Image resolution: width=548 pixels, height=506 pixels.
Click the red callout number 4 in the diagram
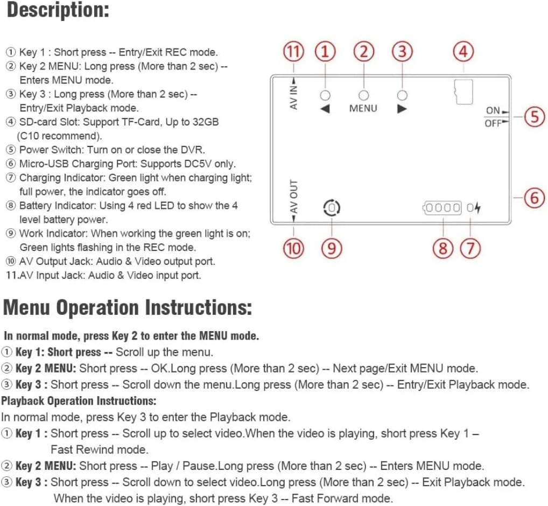[x=463, y=52]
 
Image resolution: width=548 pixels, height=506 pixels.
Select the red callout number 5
[x=534, y=117]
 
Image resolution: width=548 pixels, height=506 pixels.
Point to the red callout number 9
[x=332, y=248]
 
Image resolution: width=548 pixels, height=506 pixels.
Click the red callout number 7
[x=470, y=248]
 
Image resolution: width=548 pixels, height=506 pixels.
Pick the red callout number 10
[x=293, y=248]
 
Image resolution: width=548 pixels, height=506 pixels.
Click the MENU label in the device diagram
[x=363, y=108]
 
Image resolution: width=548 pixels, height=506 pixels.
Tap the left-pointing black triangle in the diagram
[x=325, y=108]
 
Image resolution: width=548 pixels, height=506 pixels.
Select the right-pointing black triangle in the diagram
[x=402, y=108]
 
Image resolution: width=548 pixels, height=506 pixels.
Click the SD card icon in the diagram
[x=463, y=92]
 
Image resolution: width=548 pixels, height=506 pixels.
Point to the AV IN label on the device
[x=294, y=95]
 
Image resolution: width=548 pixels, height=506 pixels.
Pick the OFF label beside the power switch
[x=493, y=123]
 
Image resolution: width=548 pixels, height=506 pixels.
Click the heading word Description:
[x=58, y=11]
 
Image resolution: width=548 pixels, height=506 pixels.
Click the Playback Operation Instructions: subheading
[x=79, y=401]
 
